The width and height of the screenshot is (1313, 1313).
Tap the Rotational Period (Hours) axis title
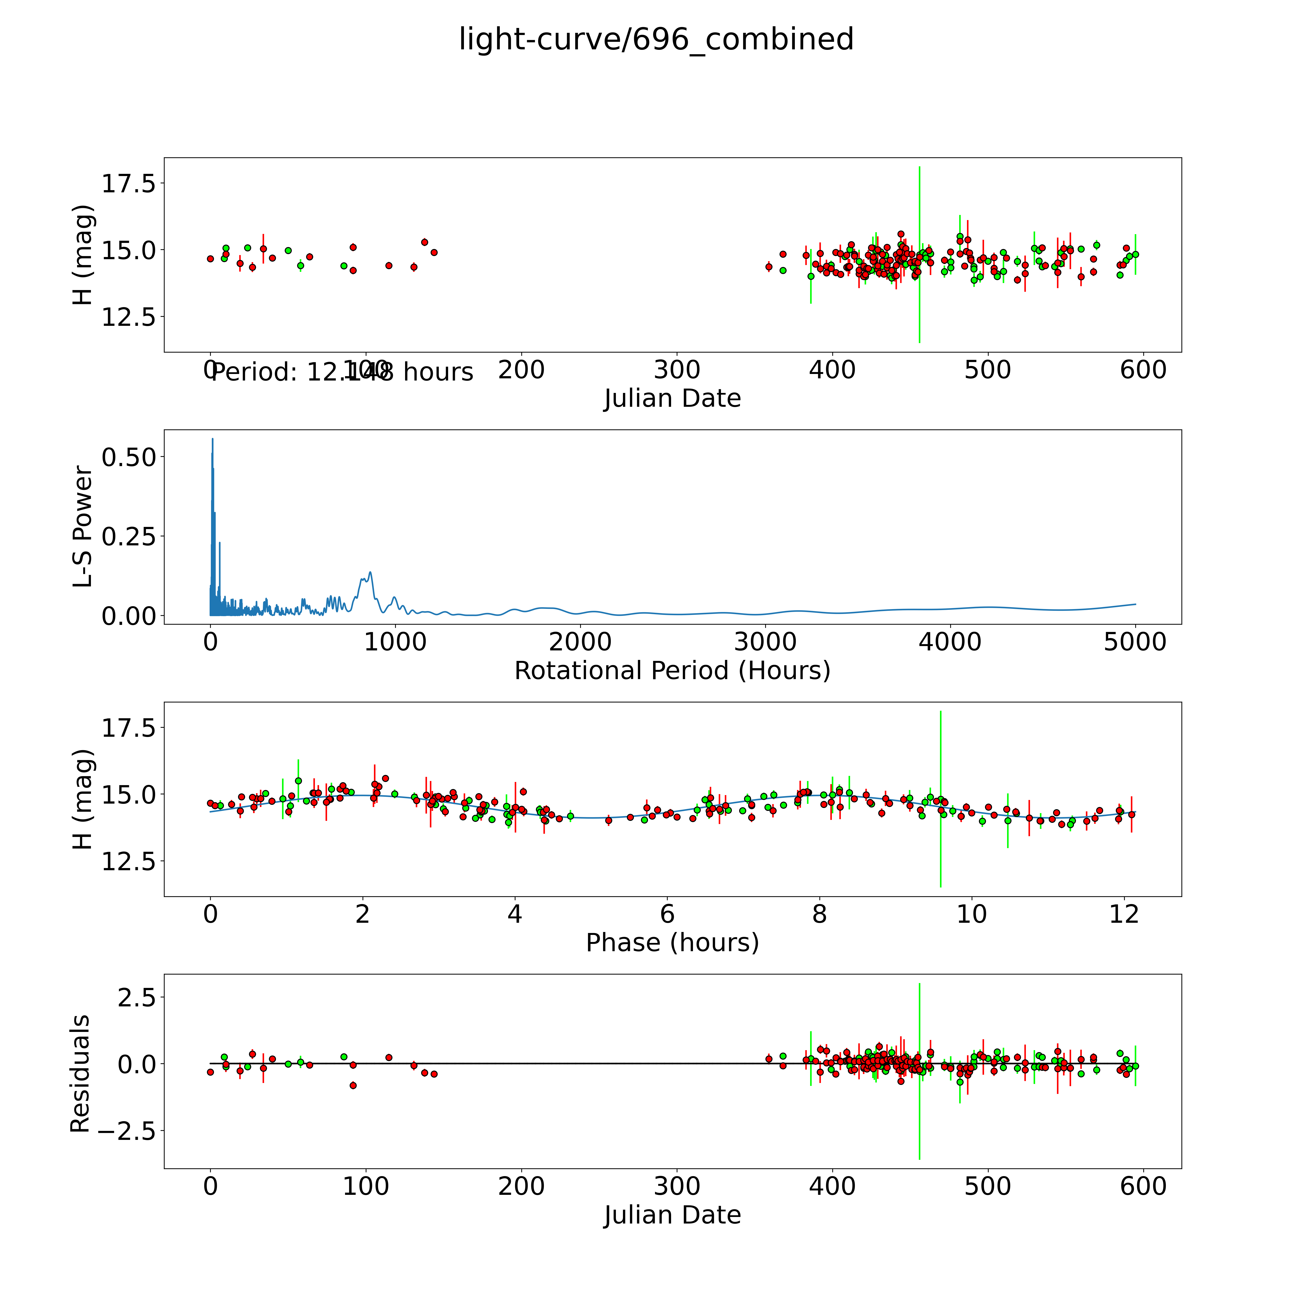pos(672,671)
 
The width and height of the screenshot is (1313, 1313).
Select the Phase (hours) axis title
pos(672,943)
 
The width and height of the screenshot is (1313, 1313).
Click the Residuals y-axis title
pos(80,1074)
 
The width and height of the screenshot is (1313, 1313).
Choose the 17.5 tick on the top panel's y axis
pos(129,184)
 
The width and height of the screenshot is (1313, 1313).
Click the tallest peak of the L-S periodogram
pos(213,439)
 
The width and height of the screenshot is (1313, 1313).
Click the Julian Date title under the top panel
pos(672,398)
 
